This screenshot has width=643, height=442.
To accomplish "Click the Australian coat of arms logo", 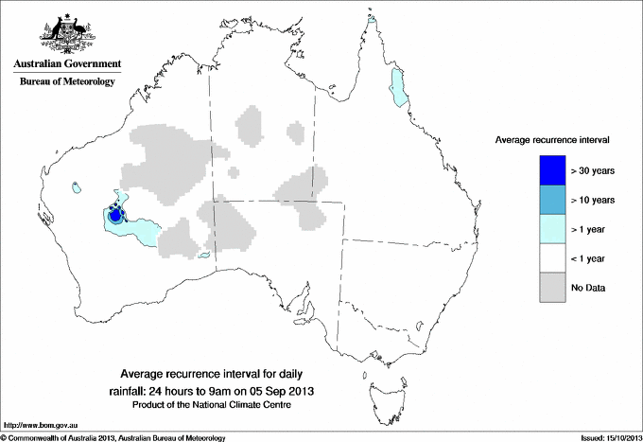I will coord(65,32).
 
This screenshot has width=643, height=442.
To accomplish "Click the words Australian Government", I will coord(66,64).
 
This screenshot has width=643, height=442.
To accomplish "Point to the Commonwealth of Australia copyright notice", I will coord(113,437).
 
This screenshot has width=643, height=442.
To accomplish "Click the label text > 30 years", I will coord(592,170).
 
